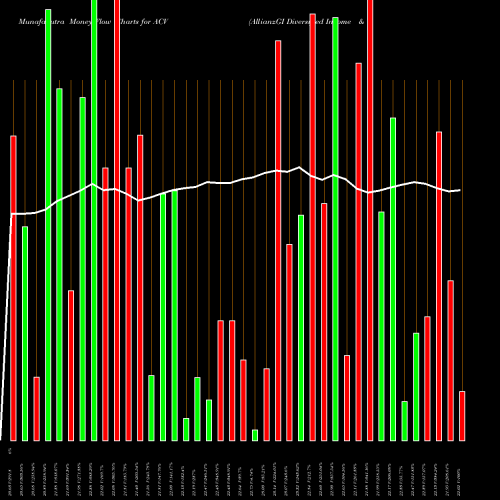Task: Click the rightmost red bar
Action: click(462, 415)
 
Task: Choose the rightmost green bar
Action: click(416, 386)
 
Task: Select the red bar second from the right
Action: click(451, 360)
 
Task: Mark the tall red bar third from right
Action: click(439, 285)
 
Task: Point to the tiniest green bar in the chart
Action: click(255, 434)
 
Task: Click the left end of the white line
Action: click(11, 214)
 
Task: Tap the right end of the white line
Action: click(460, 190)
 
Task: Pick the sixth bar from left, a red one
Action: click(71, 365)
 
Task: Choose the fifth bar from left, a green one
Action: click(59, 264)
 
